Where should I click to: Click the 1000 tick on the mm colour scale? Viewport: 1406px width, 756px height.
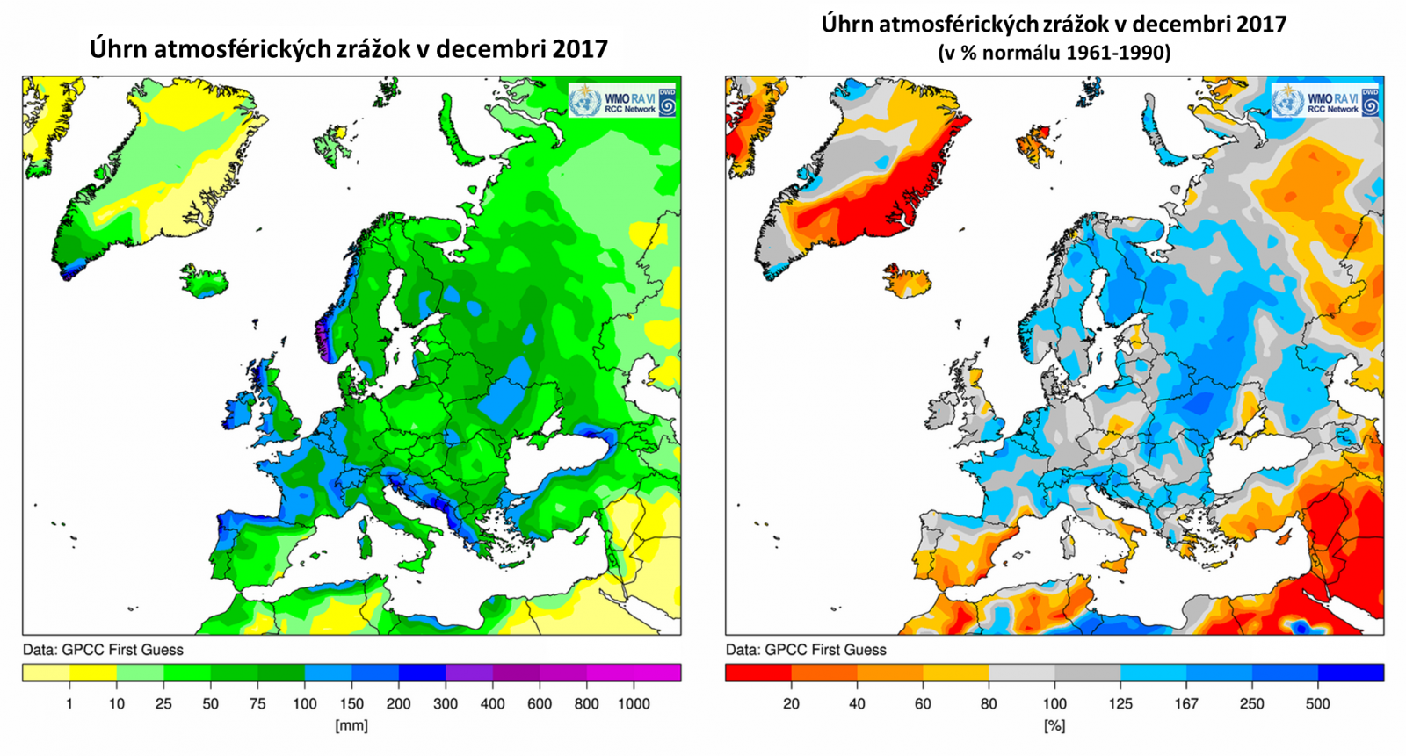(633, 703)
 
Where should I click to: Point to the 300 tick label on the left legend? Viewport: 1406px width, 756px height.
(446, 703)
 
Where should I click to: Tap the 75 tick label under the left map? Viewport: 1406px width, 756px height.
(257, 703)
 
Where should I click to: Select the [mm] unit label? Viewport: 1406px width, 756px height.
(351, 725)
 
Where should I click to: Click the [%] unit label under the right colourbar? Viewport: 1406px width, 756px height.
(1054, 725)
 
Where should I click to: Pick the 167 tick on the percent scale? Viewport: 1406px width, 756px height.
(1186, 703)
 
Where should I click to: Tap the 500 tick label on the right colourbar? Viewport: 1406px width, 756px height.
(1317, 703)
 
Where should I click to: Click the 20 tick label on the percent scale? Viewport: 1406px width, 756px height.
(791, 703)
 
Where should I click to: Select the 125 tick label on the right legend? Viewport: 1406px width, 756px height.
(1120, 703)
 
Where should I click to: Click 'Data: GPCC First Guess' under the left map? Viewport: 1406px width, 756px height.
(103, 650)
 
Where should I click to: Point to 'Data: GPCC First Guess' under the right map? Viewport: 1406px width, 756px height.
(806, 650)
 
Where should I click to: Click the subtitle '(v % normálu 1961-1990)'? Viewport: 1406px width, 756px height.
(1054, 53)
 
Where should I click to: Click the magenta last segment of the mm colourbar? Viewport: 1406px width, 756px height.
(657, 673)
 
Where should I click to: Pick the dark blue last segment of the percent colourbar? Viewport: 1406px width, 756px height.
(1351, 673)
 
